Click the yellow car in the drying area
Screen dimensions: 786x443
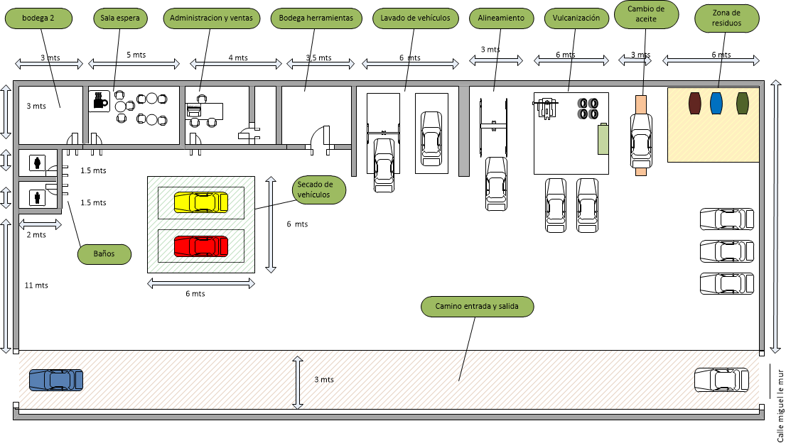point(201,203)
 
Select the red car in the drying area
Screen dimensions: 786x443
point(201,246)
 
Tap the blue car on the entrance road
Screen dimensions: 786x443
point(56,380)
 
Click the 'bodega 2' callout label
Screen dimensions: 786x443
point(38,18)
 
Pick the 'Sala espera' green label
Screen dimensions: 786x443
point(120,18)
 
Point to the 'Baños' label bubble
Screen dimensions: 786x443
point(104,254)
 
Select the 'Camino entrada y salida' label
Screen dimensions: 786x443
point(478,307)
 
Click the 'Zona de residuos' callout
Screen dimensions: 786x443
point(727,18)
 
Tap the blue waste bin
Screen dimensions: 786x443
point(716,103)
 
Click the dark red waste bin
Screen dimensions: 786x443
point(695,103)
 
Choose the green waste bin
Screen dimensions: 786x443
point(743,103)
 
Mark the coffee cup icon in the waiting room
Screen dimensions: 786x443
point(99,101)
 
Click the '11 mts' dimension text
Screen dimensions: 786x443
point(36,285)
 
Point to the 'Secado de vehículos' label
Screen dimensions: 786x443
point(319,190)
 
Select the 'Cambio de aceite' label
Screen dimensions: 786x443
point(646,14)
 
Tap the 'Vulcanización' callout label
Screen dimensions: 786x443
point(576,18)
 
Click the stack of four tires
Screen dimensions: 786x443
point(588,109)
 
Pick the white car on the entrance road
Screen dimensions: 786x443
point(721,380)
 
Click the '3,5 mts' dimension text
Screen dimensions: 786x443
point(319,58)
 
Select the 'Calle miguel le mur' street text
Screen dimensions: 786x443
point(780,405)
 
